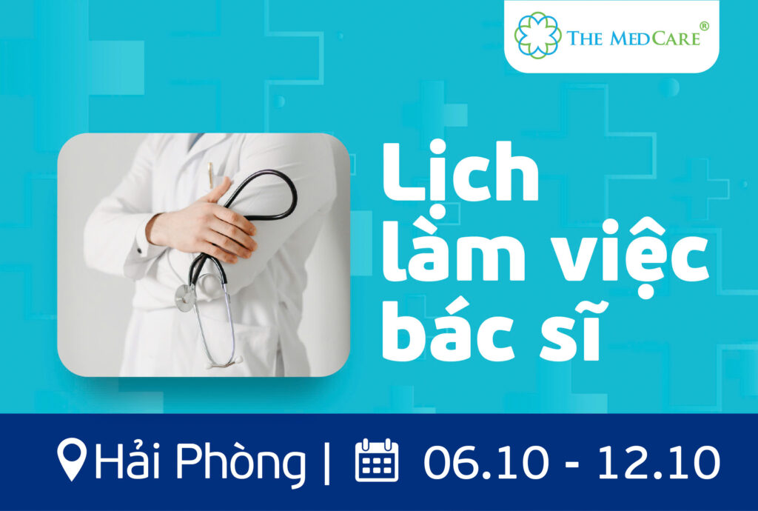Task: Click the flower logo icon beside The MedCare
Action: [x=538, y=36]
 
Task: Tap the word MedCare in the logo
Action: [x=655, y=39]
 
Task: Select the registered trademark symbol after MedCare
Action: [x=705, y=26]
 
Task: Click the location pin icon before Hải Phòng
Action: [x=72, y=458]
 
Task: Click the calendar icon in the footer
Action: [x=377, y=460]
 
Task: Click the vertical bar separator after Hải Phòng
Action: [x=326, y=461]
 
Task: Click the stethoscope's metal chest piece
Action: [x=186, y=297]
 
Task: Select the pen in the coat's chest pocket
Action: [x=211, y=175]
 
